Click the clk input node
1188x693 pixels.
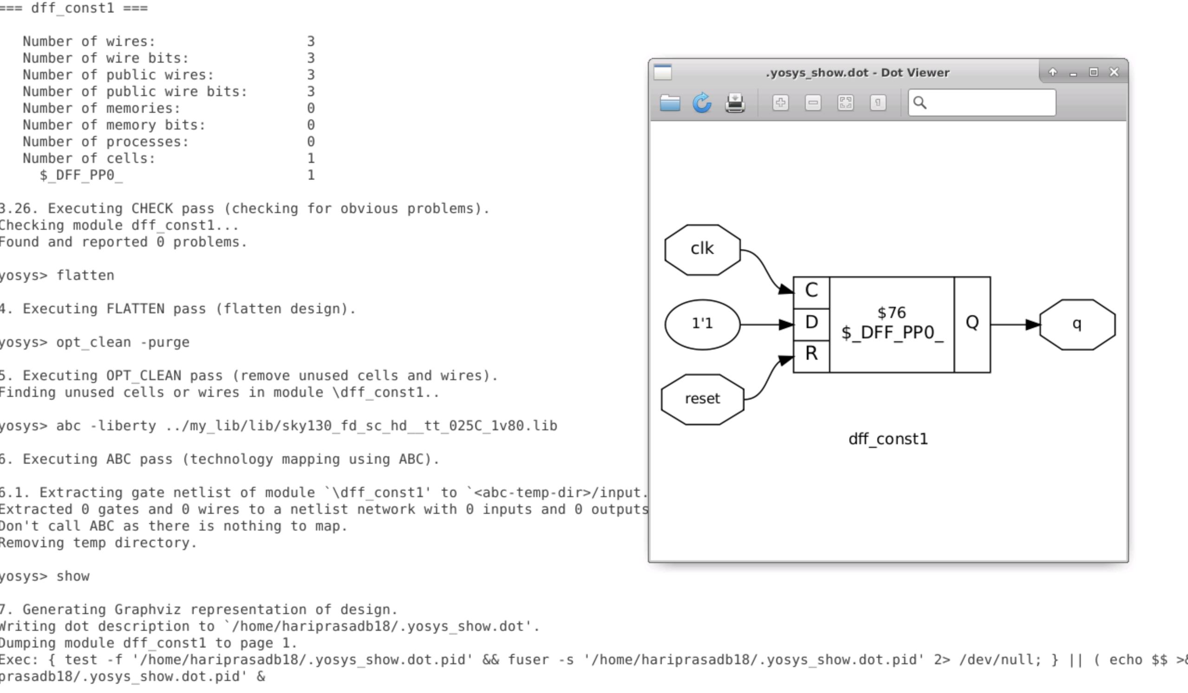click(702, 249)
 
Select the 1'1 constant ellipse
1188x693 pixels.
click(702, 324)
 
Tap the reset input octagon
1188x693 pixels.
click(702, 399)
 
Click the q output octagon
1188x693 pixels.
click(1077, 324)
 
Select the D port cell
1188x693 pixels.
click(811, 323)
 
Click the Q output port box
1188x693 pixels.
click(972, 323)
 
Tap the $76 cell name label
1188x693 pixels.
click(891, 313)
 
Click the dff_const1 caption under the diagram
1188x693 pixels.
click(887, 439)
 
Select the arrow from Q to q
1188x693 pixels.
click(1013, 324)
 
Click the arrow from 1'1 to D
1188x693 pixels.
click(766, 324)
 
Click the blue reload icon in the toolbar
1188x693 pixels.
click(701, 103)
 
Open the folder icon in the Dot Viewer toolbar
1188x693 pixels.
click(669, 103)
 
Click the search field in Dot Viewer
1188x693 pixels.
click(986, 103)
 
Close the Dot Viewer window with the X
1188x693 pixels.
click(1114, 72)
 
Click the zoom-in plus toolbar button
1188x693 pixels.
click(780, 103)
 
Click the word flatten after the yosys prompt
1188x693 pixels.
click(85, 276)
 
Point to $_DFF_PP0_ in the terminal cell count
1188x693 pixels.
click(81, 175)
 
